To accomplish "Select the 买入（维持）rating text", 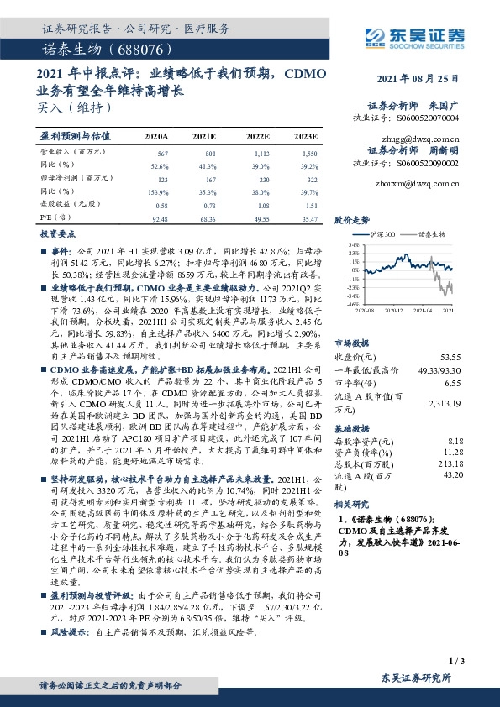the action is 75,107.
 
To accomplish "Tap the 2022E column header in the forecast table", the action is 257,136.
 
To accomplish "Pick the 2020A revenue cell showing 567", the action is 163,154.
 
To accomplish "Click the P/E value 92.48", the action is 157,218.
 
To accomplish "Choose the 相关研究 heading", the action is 351,505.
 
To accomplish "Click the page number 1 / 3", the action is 457,662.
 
